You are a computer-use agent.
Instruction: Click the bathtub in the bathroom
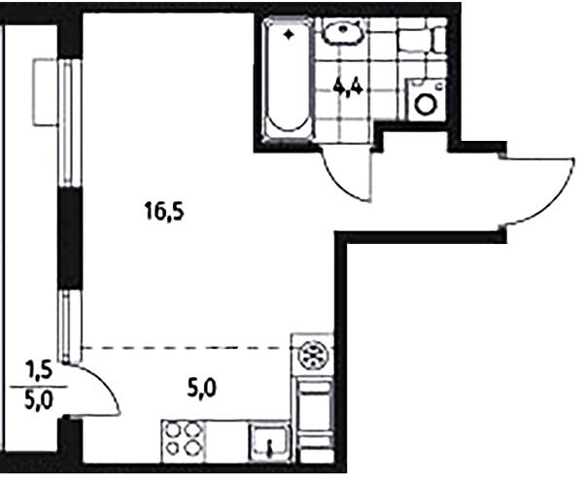[x=287, y=80]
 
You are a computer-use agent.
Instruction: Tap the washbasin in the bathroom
[x=342, y=31]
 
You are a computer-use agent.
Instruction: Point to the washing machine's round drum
[x=425, y=103]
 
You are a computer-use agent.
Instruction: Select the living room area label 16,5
[x=165, y=213]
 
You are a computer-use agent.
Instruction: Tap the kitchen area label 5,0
[x=202, y=390]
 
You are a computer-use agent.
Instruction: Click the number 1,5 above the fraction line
[x=39, y=372]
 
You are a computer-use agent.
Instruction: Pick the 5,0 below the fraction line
[x=39, y=400]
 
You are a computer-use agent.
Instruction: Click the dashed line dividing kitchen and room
[x=186, y=348]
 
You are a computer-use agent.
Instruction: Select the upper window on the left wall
[x=70, y=122]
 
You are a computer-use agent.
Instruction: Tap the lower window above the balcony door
[x=69, y=326]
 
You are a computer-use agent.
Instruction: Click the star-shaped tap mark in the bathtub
[x=289, y=35]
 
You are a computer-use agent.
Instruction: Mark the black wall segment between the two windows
[x=70, y=239]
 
